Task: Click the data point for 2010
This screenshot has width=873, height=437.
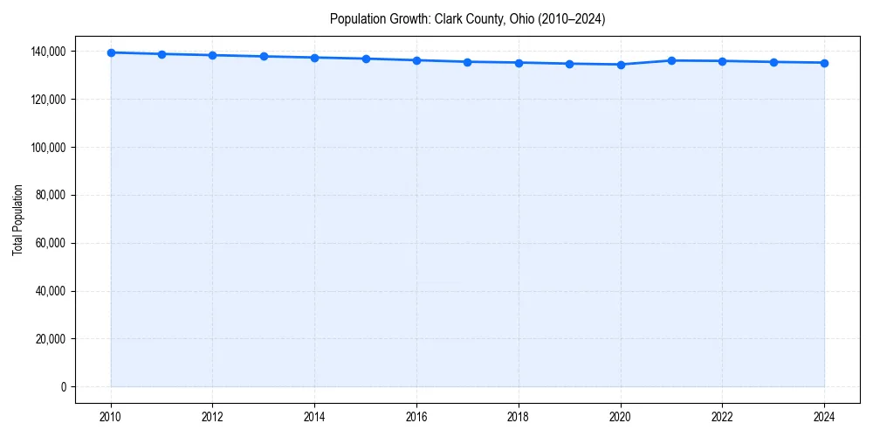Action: (111, 52)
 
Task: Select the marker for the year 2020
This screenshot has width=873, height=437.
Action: (621, 65)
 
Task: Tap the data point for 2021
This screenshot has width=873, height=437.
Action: (671, 60)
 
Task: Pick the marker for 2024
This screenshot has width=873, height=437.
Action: (824, 63)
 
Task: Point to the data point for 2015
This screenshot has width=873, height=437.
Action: (366, 59)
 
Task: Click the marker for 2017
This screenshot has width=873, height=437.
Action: (468, 62)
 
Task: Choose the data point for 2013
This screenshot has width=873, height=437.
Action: (264, 56)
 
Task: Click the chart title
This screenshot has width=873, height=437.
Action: (467, 18)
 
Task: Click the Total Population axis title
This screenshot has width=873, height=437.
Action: (17, 219)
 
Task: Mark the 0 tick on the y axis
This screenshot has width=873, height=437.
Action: (64, 386)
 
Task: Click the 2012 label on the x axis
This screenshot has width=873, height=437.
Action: (212, 417)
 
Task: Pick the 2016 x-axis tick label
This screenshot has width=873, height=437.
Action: (416, 417)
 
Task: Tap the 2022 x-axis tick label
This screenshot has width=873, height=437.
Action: (722, 417)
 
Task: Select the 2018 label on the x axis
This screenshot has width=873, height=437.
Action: (519, 417)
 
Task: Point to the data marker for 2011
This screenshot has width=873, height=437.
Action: (162, 54)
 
